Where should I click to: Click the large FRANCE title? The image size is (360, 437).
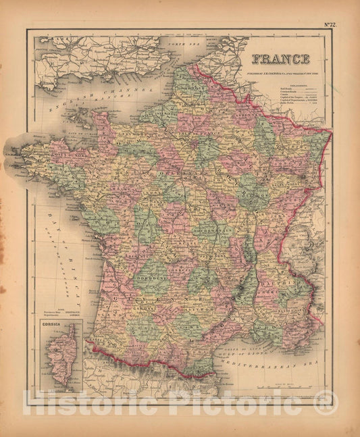click(x=280, y=59)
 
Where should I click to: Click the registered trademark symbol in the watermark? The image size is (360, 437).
click(x=326, y=404)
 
